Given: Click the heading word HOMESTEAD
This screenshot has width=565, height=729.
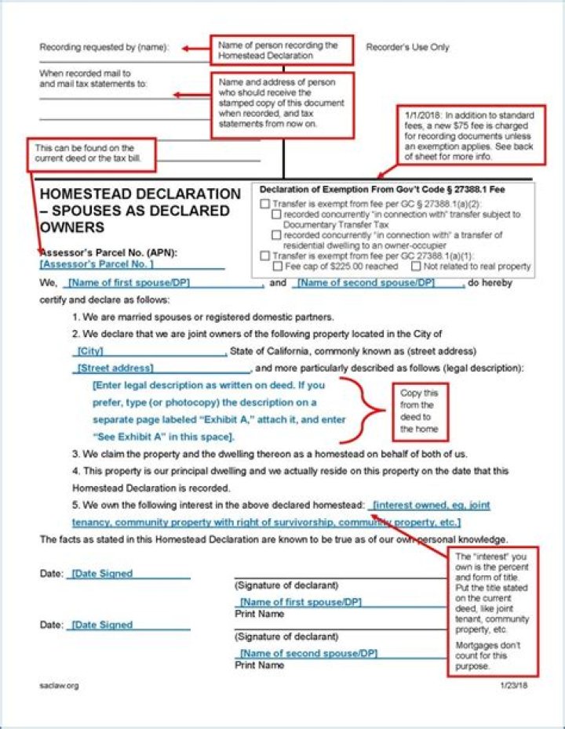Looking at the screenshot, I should coord(86,194).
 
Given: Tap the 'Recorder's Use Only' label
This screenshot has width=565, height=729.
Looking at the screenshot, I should coord(407,47).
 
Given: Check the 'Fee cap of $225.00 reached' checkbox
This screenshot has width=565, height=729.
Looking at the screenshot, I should coord(277,267).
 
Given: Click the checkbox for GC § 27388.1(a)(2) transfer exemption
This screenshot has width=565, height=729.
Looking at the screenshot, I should coord(264,204).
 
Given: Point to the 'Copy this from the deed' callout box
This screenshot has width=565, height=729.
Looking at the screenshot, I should coord(419,411).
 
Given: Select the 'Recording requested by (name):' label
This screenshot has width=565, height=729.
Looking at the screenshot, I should coord(104,47).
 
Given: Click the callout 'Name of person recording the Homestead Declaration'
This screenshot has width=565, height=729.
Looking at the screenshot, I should coord(281,50).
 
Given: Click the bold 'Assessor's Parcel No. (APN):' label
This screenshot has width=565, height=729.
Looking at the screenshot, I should coord(108,252).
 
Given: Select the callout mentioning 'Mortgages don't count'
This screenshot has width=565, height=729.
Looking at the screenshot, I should coord(494,611).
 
